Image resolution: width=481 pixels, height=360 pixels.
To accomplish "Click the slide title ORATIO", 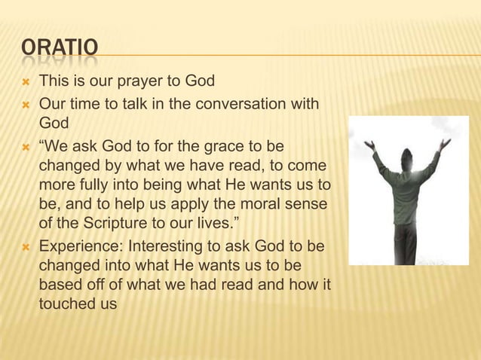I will pyautogui.click(x=60, y=48).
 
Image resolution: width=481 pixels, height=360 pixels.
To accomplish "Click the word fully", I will pyautogui.click(x=93, y=185).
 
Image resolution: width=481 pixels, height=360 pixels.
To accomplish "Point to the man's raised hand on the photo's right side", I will pyautogui.click(x=446, y=142).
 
